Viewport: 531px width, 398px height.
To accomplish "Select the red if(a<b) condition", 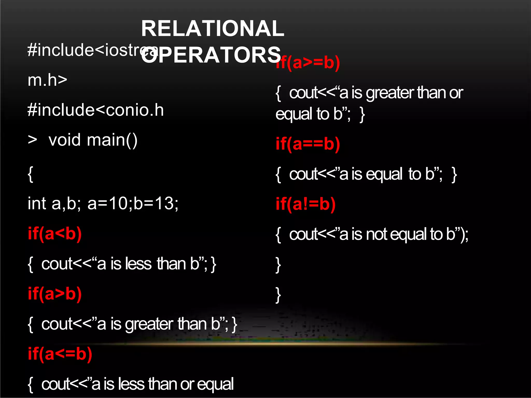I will (55, 234).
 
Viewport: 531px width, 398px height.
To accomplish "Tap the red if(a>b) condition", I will (55, 294).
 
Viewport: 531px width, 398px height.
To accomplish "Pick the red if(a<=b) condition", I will (60, 354).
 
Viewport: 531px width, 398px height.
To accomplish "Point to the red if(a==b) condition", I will (308, 144).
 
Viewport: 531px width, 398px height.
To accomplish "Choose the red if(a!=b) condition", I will (306, 204).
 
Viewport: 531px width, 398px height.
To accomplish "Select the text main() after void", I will (112, 140).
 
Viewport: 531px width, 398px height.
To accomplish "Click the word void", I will (65, 140).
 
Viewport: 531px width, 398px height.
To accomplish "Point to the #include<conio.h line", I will (96, 110).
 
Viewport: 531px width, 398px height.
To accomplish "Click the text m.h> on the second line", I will (47, 80).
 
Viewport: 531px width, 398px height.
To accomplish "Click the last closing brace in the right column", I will (278, 295).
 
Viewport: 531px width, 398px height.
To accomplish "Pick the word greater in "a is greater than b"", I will (149, 324).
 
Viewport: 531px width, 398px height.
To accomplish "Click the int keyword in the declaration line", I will (37, 203).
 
